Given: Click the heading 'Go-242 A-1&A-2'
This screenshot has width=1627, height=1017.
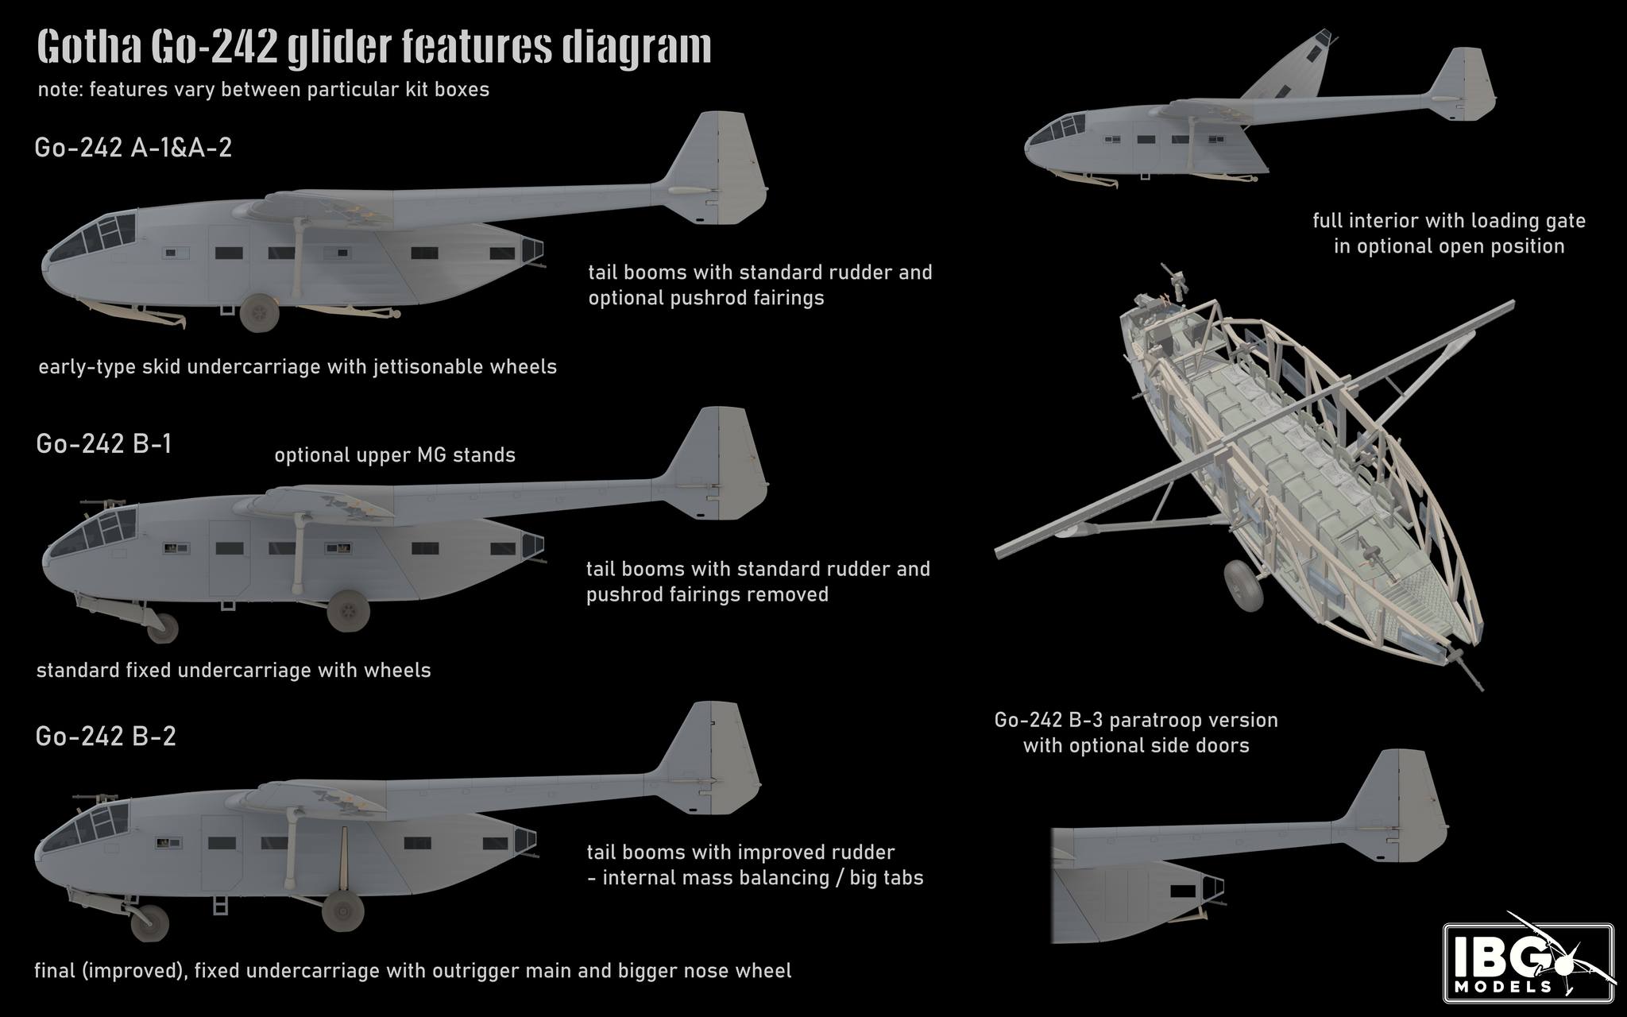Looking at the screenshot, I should click(x=133, y=149).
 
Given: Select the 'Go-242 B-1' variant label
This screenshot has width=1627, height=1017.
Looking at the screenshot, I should click(x=104, y=443).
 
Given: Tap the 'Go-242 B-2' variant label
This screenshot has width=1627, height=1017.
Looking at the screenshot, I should click(x=106, y=737).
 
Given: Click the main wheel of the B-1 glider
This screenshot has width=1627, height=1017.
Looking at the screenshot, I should click(x=348, y=610).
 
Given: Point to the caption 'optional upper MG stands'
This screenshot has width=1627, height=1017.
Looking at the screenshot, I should click(x=395, y=455).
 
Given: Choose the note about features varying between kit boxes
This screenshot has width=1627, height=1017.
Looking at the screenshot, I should click(x=264, y=89).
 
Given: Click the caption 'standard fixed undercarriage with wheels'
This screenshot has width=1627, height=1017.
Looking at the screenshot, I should click(x=234, y=671).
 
